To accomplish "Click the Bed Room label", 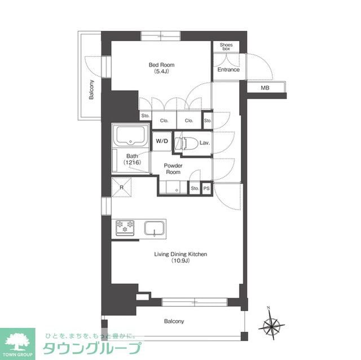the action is (161, 65).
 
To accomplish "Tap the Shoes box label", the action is (226, 47).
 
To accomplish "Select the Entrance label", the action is (228, 69).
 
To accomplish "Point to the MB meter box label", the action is (265, 87).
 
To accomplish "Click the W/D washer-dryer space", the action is (162, 141).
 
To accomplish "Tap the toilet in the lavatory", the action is (187, 144).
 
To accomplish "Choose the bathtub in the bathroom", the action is (130, 136).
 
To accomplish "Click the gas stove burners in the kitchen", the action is (125, 228).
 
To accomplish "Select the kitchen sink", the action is (155, 228).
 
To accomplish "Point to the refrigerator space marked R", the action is (122, 187).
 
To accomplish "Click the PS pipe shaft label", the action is (206, 189).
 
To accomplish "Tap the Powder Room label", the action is (173, 169).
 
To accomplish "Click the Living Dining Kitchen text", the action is (180, 254).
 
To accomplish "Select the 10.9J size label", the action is (180, 261).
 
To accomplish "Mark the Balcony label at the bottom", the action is (174, 321).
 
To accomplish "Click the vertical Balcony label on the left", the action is (91, 90).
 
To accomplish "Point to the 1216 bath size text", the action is (133, 162).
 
